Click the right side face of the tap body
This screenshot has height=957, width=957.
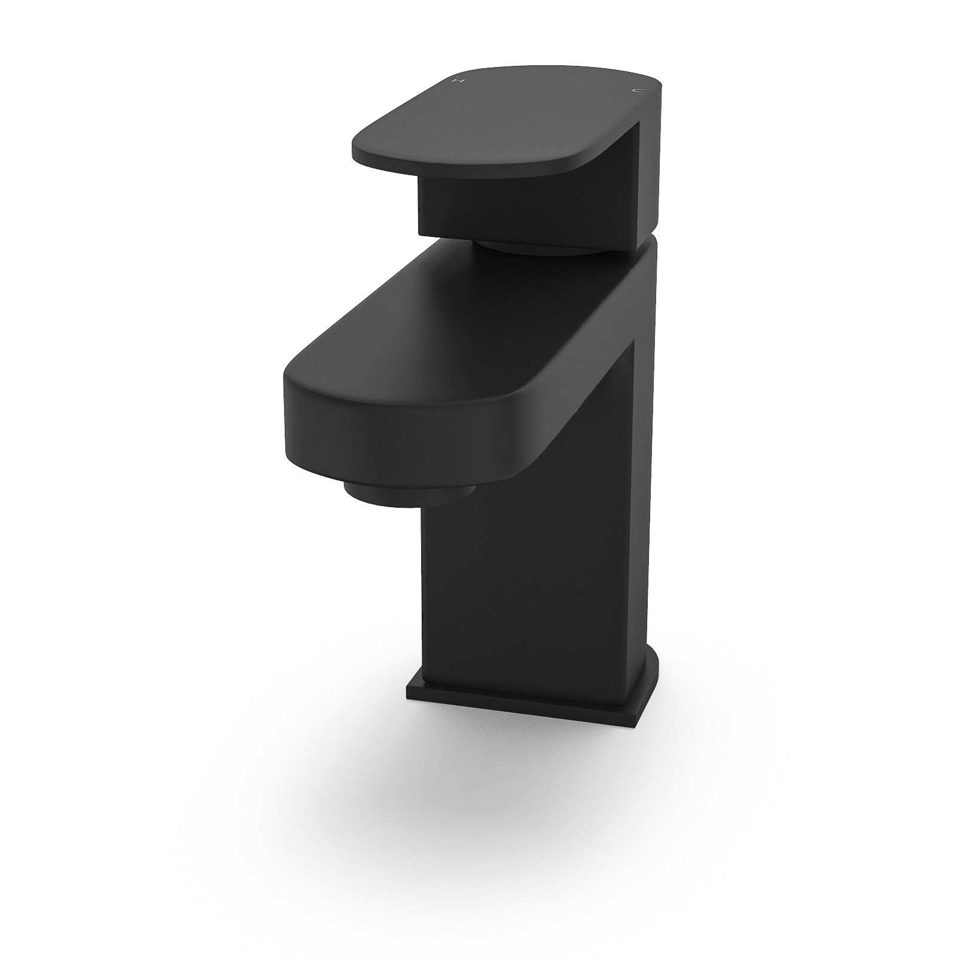coord(646,508)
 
